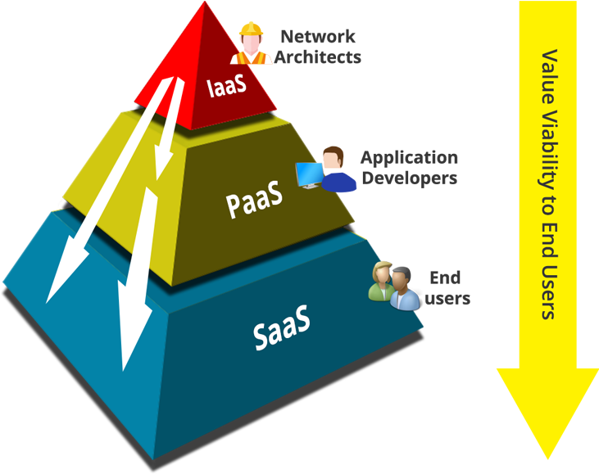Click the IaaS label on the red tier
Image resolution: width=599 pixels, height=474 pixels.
(227, 87)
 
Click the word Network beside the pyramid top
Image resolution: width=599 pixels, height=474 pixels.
(318, 37)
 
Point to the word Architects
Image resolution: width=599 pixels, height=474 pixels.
(318, 57)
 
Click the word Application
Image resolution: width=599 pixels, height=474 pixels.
(409, 157)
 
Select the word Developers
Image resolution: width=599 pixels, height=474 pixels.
(409, 178)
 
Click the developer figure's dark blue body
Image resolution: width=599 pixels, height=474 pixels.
(338, 179)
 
